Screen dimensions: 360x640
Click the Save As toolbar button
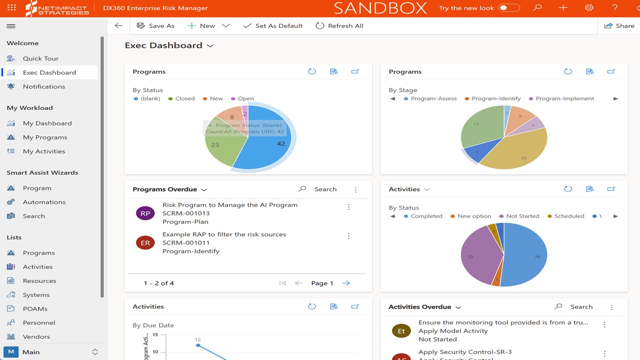coord(155,26)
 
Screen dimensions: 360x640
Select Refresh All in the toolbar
coord(339,26)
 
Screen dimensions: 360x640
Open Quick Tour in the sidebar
coord(40,58)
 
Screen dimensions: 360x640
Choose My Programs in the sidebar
coord(44,137)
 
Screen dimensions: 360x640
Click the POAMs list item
coord(35,309)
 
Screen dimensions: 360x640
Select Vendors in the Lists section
coord(36,337)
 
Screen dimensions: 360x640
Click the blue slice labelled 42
coord(270,145)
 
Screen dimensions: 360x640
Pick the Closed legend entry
coord(184,98)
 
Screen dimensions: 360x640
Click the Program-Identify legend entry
coord(495,98)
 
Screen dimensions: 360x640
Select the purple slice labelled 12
coord(475,255)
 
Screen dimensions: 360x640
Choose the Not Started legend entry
coord(522,216)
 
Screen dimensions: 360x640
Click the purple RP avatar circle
coord(145,213)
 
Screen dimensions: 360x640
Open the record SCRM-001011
coord(186,242)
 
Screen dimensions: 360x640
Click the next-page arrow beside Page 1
coord(346,283)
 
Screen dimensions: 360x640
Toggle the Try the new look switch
coord(509,8)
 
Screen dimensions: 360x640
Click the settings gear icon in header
coord(589,8)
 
